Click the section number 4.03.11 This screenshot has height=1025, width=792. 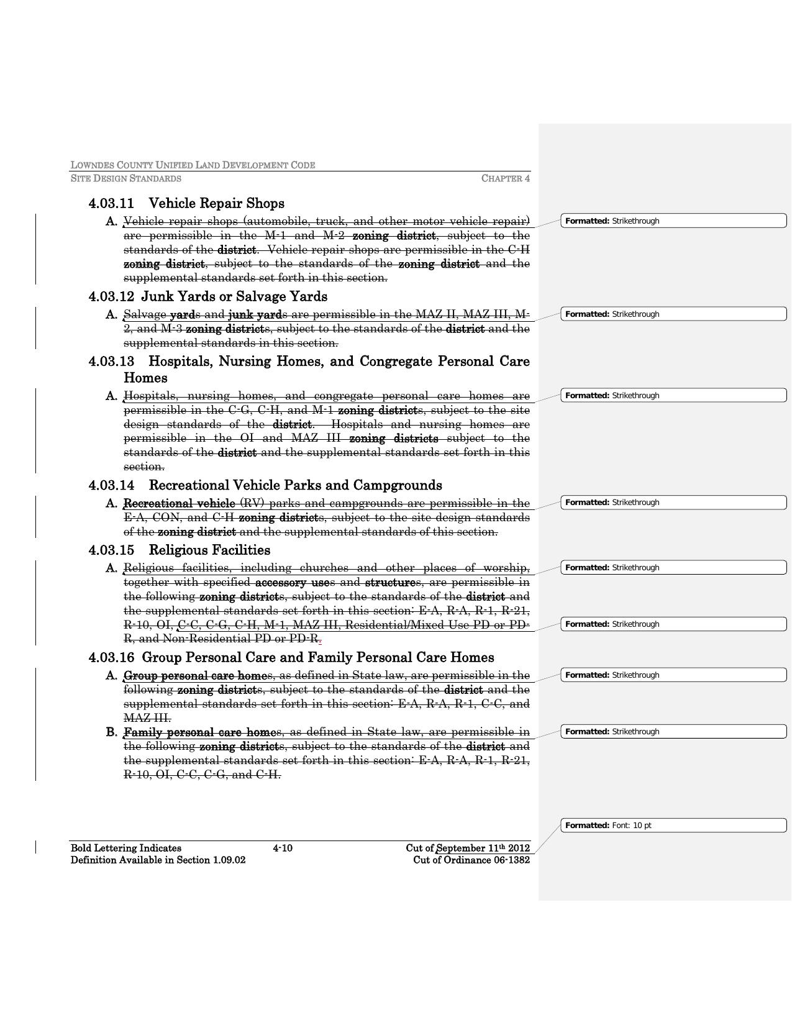tap(112, 204)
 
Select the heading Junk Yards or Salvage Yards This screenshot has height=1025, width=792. tap(234, 297)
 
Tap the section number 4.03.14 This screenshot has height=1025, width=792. tap(112, 486)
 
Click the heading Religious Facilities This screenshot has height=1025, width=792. tap(209, 550)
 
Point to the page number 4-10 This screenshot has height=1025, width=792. tap(283, 848)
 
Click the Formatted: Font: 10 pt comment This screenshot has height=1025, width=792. tap(673, 826)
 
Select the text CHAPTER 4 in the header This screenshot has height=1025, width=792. tap(505, 179)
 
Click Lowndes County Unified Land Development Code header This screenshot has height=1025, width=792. tap(193, 165)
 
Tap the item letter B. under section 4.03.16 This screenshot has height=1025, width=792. tap(112, 732)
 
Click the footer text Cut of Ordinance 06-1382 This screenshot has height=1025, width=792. tap(471, 860)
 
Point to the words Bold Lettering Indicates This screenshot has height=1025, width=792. tap(126, 849)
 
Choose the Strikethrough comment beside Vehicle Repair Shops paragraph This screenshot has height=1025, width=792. tap(673, 221)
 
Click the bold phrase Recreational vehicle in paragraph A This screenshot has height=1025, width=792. tap(180, 503)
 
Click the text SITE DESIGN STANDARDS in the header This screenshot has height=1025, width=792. tap(126, 179)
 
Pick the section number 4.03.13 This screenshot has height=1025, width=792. tap(112, 362)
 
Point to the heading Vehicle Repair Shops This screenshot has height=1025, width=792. tap(217, 204)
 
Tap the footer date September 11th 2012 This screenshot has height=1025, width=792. tap(483, 849)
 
